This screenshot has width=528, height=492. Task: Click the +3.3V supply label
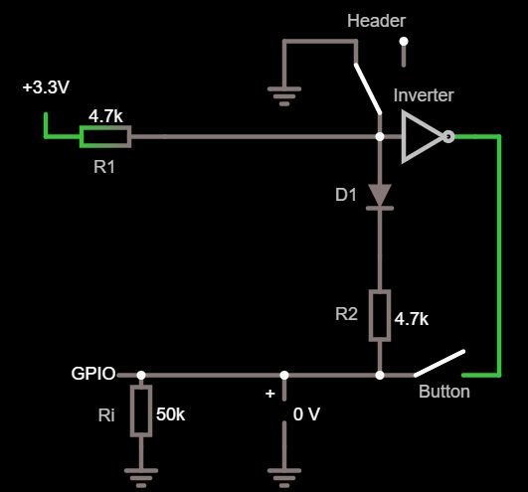46,88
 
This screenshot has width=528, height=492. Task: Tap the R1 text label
104,167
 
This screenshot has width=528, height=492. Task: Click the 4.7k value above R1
105,115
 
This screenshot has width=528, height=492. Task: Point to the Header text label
375,21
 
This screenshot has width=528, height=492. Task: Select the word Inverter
424,95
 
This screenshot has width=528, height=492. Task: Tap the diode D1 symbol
380,196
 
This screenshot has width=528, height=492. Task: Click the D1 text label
345,195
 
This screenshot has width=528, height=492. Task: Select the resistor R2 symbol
380,315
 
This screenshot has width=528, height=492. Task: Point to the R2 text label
345,315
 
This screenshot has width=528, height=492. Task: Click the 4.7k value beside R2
412,320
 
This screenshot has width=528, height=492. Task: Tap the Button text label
444,392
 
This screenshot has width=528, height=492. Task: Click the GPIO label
93,374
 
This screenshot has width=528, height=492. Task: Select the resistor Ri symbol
140,411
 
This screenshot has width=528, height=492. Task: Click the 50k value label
172,413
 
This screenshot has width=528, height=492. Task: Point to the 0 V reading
305,413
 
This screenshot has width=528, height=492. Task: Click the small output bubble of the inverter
448,137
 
